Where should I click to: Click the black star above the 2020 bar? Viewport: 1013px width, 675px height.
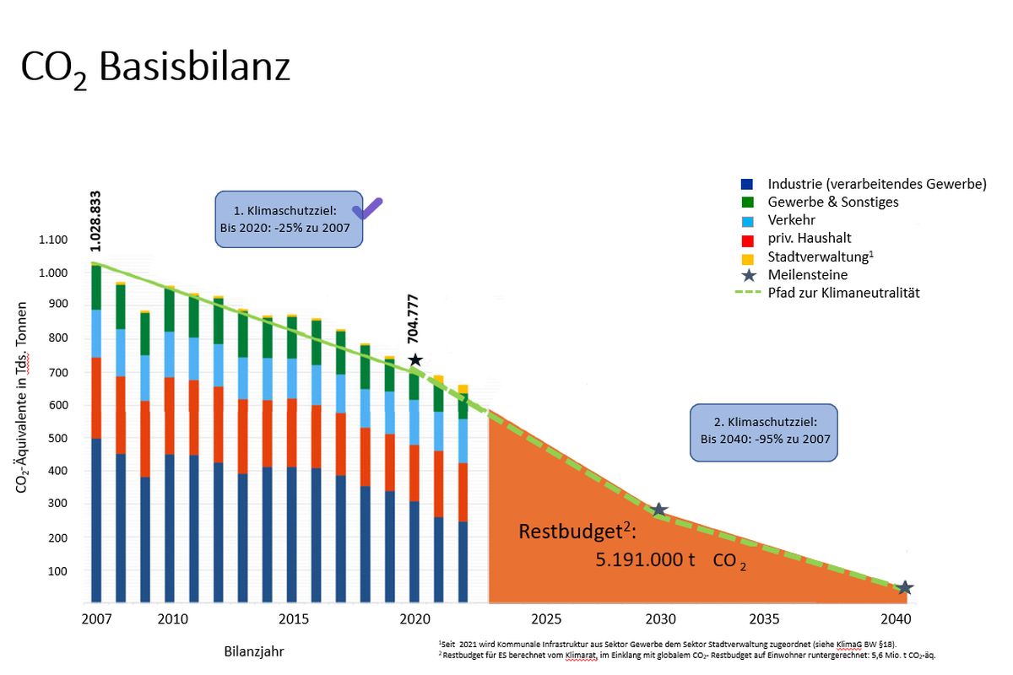[x=414, y=360]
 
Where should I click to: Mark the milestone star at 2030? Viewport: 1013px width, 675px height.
[x=659, y=510]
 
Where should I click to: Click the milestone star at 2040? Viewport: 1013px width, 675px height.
[x=904, y=587]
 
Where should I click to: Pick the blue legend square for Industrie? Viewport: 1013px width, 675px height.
[x=745, y=184]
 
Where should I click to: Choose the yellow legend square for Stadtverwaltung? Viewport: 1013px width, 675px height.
[x=745, y=256]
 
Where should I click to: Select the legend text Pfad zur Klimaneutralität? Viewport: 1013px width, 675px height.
[x=844, y=293]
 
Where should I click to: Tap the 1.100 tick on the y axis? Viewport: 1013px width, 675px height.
[x=52, y=240]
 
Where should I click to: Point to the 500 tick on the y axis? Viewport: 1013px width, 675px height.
[x=57, y=438]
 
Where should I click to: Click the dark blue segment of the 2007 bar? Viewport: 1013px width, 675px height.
[x=96, y=519]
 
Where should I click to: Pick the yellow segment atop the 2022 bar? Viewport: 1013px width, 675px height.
[x=463, y=389]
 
